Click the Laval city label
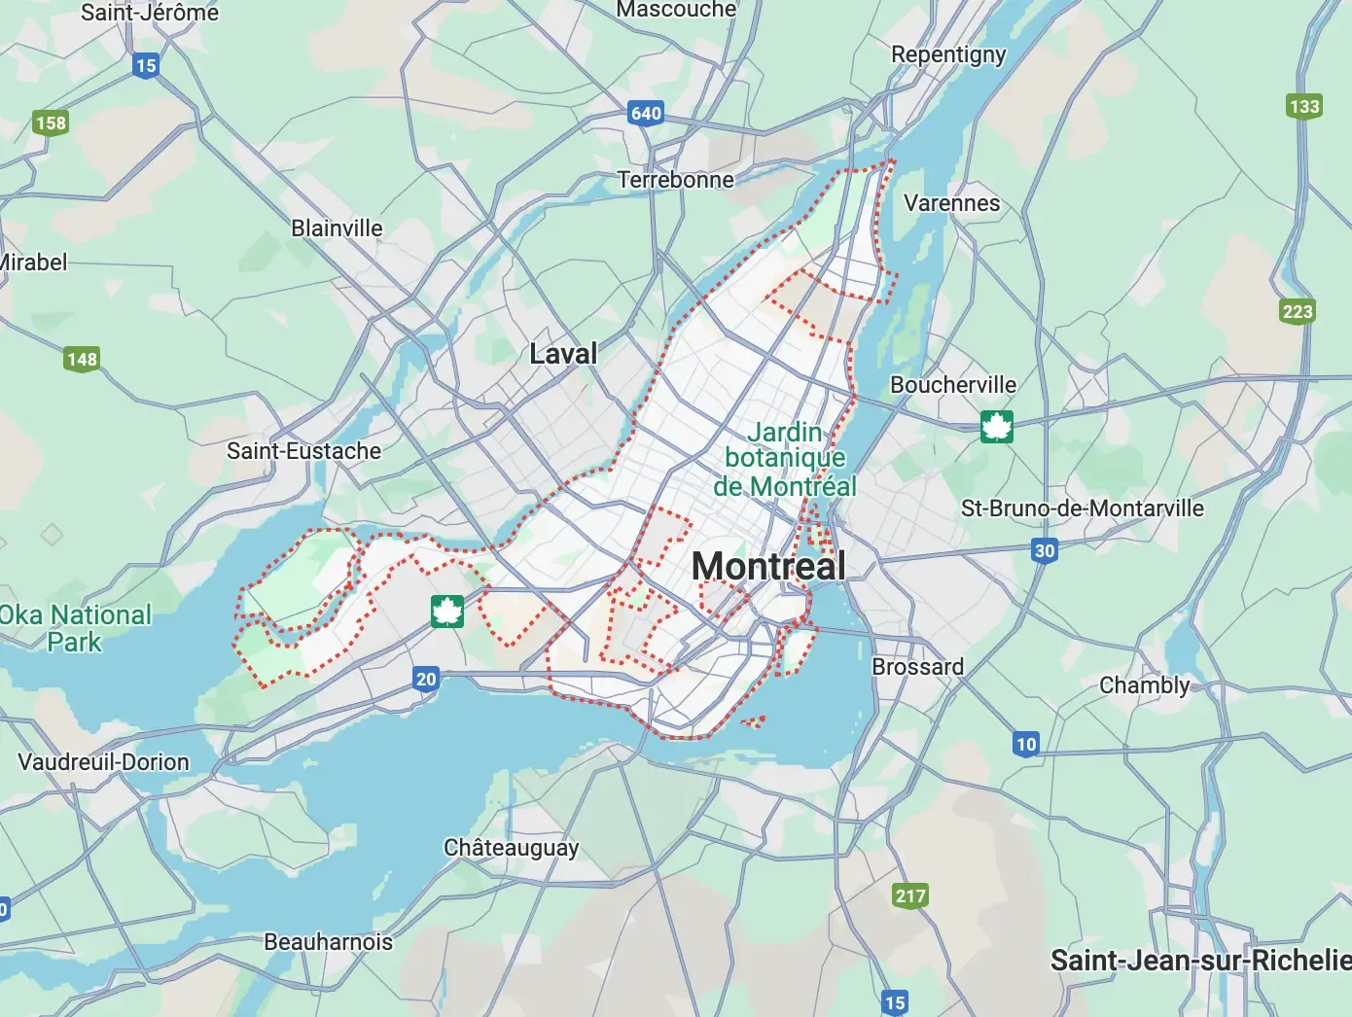[x=563, y=354]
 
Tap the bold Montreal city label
[x=768, y=566]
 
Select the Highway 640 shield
[x=646, y=113]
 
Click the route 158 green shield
[x=51, y=123]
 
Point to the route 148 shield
[x=82, y=359]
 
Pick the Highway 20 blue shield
[x=426, y=679]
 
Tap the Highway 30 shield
[x=1045, y=550]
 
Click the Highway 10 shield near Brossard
[x=1026, y=744]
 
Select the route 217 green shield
[x=910, y=895]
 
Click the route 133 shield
[x=1304, y=106]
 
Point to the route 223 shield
[x=1298, y=311]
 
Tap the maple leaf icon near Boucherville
[x=997, y=427]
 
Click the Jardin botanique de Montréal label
[x=785, y=459]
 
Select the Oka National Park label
[x=76, y=628]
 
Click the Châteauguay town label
[x=511, y=848]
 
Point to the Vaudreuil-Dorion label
[x=104, y=761]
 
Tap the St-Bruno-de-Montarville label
[x=1082, y=508]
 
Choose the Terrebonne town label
[x=676, y=180]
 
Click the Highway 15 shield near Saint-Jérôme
[x=146, y=66]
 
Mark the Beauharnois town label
[x=328, y=941]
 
